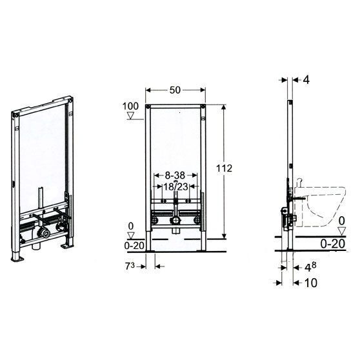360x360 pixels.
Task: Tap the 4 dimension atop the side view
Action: point(306,80)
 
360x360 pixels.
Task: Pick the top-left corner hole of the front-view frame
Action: point(148,108)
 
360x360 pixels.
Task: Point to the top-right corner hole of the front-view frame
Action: point(203,108)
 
